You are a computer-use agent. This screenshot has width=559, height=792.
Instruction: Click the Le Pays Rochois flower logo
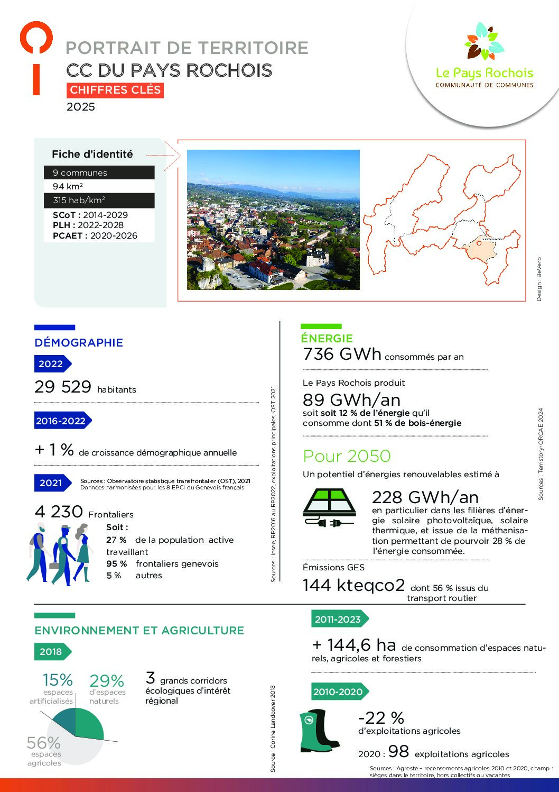coord(485,41)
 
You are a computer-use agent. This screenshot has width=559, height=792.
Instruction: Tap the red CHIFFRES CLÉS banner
coord(115,90)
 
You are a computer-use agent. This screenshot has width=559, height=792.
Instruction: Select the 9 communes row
coord(99,172)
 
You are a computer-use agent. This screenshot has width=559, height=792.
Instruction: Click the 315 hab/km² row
coord(99,201)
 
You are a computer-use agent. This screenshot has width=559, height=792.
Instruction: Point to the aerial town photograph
coord(273,220)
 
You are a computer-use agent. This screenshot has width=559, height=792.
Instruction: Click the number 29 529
coord(63,387)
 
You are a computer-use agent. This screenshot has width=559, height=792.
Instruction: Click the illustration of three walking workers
coord(58,553)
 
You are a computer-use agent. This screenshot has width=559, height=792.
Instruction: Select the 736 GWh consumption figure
coord(342,354)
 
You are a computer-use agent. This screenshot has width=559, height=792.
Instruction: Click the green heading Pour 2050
coord(347,456)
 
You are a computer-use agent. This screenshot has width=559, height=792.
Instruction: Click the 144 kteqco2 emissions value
coord(353,585)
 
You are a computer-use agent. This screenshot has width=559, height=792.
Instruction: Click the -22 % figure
coord(381,718)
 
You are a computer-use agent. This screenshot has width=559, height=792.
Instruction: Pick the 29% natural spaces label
coord(107,681)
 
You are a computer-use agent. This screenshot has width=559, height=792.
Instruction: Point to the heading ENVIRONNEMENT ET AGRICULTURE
coord(139,631)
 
